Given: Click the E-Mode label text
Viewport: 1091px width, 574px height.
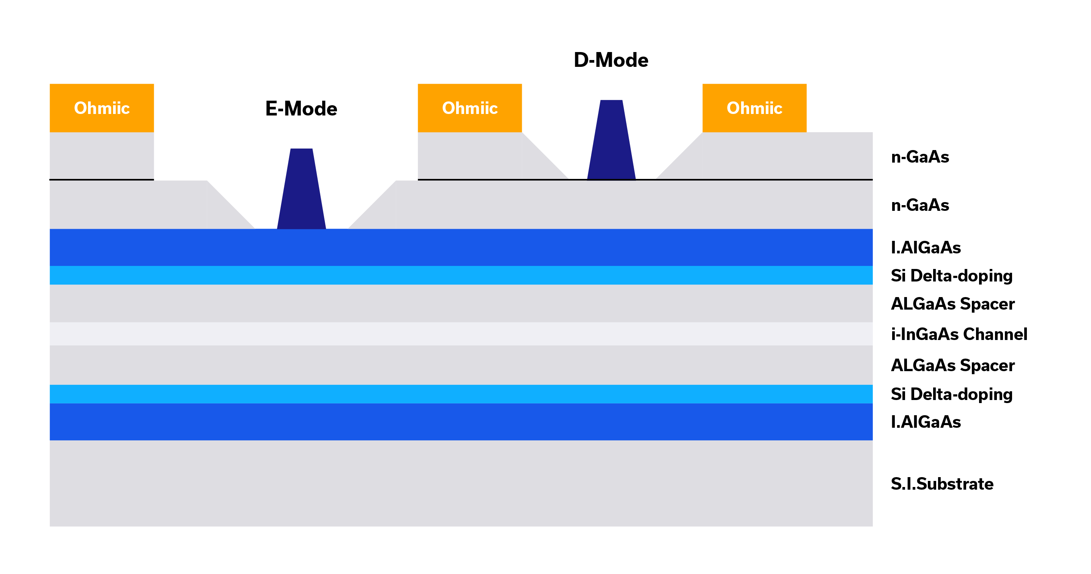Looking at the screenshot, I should pos(301,109).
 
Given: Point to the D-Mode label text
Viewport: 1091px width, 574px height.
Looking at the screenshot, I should pos(611,60).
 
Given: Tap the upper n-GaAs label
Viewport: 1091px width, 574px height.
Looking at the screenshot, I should pos(920,157).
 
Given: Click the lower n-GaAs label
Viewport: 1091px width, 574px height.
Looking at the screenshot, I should pos(920,205).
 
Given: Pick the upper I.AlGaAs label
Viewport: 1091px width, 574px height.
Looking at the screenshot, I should pos(926,248).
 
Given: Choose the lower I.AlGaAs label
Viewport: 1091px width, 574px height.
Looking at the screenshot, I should pos(926,422).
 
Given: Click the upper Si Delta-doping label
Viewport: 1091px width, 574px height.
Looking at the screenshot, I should pos(951,275).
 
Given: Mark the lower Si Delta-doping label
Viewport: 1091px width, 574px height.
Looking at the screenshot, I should pos(951,394).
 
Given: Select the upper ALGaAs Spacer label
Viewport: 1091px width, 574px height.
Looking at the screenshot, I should pos(952,304).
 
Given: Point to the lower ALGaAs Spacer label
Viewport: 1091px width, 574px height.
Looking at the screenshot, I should pos(952,365).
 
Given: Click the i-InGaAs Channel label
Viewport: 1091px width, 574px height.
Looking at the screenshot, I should pos(959,334).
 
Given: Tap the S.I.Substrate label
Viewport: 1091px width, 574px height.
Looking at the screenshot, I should pos(942,484).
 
